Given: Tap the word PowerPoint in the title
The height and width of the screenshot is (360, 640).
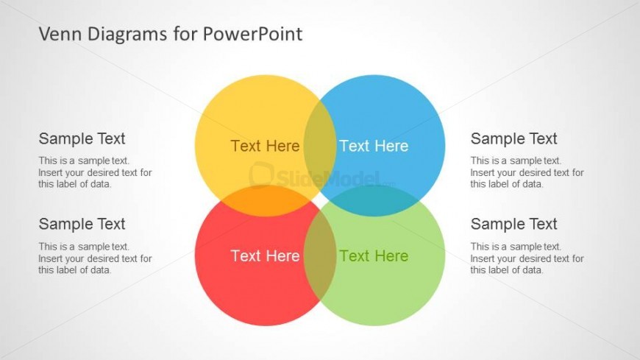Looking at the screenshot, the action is point(252,34).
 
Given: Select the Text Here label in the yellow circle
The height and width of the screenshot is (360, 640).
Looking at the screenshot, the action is point(266,146).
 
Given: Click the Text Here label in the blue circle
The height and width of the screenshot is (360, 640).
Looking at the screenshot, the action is point(374,146).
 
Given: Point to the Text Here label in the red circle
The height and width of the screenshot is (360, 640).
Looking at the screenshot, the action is point(266,255).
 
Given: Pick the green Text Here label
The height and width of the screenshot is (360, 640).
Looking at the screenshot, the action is point(374,255).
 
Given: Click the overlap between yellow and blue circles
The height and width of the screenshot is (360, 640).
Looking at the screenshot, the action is point(320,146).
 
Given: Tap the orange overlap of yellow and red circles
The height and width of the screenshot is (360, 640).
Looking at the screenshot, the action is point(266,201).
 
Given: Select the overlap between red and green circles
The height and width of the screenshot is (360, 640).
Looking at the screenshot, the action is point(320,255).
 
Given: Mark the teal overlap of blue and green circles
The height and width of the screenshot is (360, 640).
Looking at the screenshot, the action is point(374,201).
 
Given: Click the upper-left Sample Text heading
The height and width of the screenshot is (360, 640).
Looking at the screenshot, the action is point(82,138).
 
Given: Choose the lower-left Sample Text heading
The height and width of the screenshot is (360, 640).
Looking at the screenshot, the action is point(82,224).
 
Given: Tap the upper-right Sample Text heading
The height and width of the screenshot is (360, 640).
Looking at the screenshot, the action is point(514,138).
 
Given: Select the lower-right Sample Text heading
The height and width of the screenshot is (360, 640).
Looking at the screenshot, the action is point(514,224).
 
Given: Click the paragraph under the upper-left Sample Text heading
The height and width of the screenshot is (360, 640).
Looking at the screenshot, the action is point(95,172).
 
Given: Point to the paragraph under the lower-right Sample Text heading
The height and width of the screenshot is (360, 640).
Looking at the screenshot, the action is point(527,258).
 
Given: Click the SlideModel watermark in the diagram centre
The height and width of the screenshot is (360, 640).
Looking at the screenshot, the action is point(321,177).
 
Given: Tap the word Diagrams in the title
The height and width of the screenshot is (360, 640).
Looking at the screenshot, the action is point(127,34).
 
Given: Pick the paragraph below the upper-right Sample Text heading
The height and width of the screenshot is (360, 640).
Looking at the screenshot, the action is point(527,172).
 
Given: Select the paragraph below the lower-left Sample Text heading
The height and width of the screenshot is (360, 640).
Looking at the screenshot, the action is point(95,258).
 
